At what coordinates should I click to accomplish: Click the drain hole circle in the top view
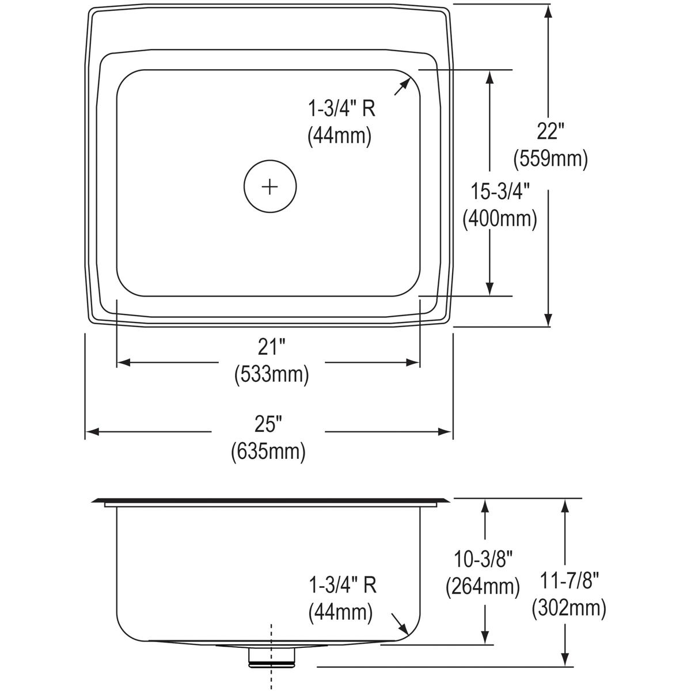(x=269, y=186)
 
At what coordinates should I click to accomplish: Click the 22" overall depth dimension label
(x=548, y=132)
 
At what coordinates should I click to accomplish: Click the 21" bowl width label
(x=271, y=348)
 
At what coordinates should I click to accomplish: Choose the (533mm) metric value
(x=271, y=374)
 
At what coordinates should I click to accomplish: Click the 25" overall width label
(x=268, y=424)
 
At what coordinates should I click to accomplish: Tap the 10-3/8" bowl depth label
(x=483, y=559)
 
